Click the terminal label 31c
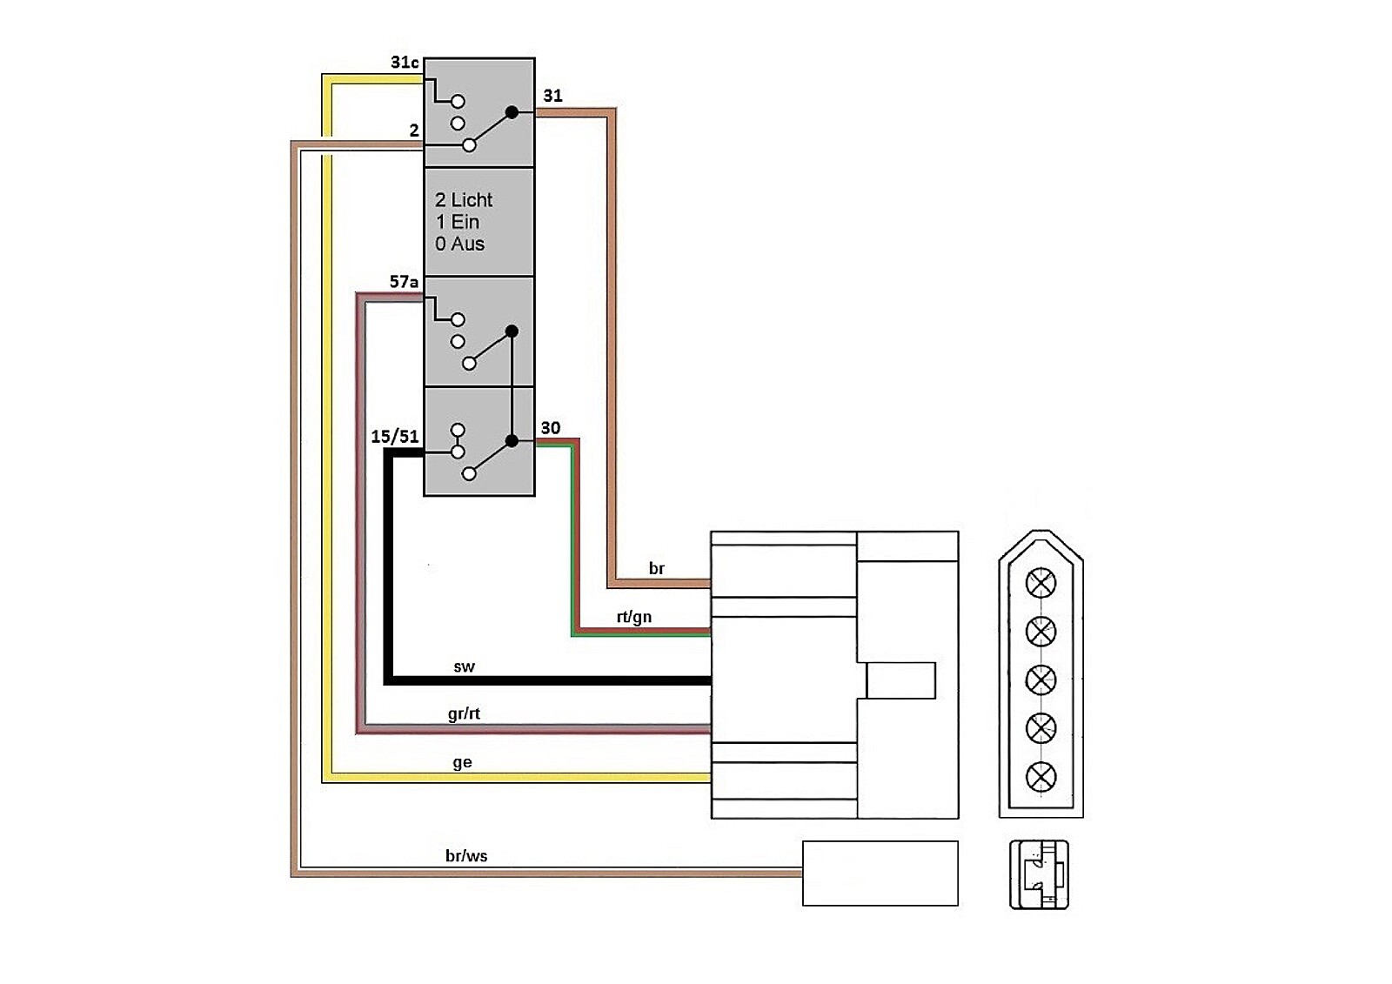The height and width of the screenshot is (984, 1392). (x=405, y=63)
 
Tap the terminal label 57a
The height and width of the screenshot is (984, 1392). (x=404, y=282)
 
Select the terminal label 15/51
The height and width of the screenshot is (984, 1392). (x=395, y=436)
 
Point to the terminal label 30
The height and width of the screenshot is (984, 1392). (x=551, y=427)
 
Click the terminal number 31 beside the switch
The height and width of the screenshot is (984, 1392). (x=553, y=96)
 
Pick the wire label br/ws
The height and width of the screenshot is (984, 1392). (x=466, y=856)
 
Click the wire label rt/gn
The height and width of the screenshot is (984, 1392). (x=634, y=617)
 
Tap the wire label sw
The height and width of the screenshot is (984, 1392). (x=464, y=667)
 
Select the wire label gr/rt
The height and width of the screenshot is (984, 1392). (x=464, y=713)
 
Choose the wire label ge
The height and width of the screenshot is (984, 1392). (x=462, y=762)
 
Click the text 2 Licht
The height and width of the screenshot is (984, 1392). (x=464, y=200)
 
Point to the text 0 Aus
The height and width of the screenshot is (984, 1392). (x=459, y=244)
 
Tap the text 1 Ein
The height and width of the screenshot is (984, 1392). (x=458, y=222)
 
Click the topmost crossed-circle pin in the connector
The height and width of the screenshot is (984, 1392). (x=1041, y=583)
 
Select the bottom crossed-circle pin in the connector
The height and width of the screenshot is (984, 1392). (x=1041, y=777)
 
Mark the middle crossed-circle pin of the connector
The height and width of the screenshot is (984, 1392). (x=1041, y=679)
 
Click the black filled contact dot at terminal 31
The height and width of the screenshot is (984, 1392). (x=512, y=112)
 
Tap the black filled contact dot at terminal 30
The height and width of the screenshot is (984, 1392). (x=512, y=441)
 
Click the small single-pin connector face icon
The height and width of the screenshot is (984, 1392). (x=1039, y=874)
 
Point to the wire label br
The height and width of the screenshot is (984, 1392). (x=657, y=569)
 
